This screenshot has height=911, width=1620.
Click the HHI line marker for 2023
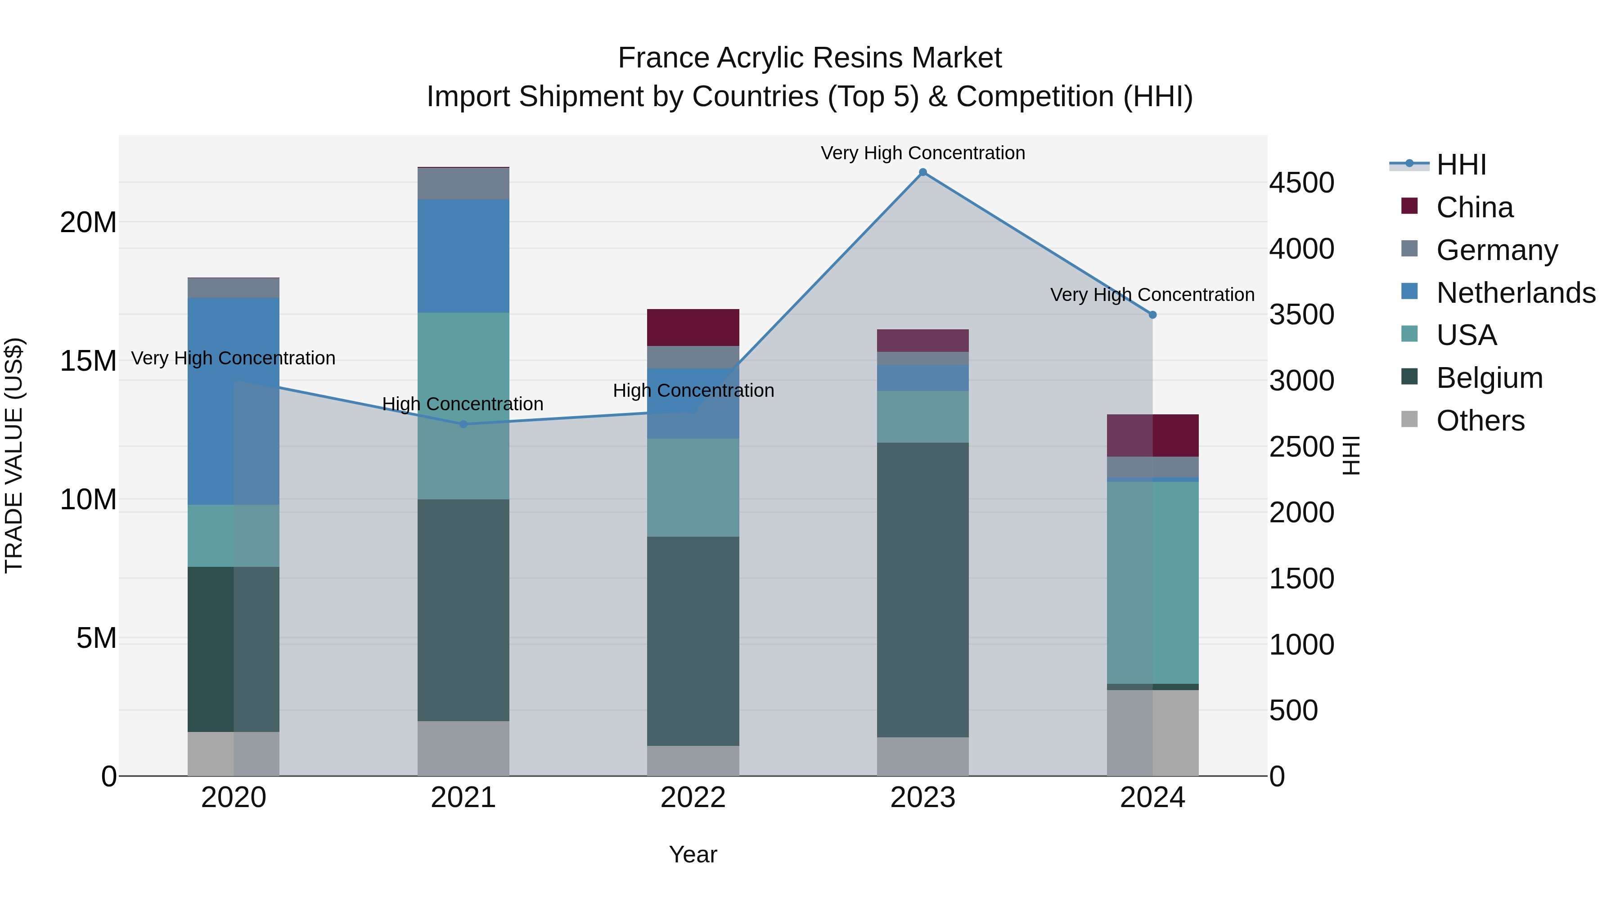[922, 172]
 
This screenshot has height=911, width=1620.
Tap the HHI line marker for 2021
[463, 424]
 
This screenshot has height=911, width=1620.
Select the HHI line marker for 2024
[1152, 315]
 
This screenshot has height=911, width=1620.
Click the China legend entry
[1474, 207]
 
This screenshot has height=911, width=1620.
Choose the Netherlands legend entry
[1516, 293]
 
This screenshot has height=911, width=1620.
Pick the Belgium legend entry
[1489, 378]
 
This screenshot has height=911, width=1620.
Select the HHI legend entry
[1461, 165]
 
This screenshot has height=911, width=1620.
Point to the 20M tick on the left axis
[88, 223]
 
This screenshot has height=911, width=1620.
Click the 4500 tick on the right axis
[1300, 183]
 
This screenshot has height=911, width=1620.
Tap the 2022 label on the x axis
[693, 798]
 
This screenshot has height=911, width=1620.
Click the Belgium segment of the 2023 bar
[922, 590]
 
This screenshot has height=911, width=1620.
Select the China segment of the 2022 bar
[693, 328]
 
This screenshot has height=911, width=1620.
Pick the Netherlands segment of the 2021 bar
[463, 256]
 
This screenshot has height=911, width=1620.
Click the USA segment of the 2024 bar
[1152, 582]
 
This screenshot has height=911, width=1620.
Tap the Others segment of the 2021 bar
[463, 748]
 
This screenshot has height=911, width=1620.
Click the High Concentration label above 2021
[463, 404]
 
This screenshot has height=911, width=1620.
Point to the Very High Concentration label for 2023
[922, 153]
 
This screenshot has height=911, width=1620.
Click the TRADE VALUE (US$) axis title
[14, 455]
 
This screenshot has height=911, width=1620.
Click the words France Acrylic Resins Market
[810, 58]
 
